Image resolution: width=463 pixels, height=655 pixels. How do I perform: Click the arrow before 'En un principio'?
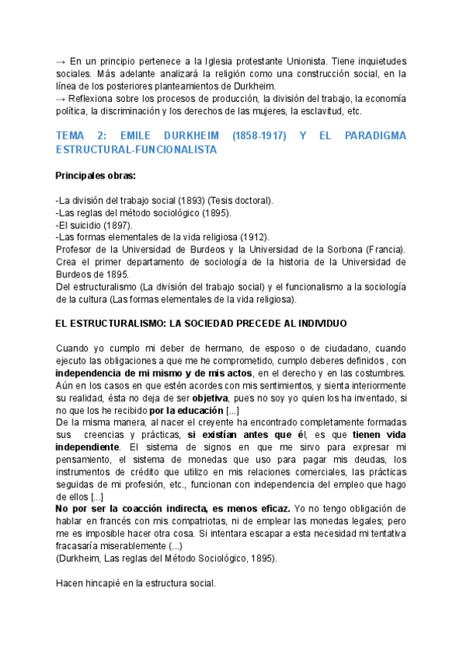(x=61, y=62)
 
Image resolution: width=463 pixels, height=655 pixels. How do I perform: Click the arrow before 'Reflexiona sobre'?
(x=61, y=99)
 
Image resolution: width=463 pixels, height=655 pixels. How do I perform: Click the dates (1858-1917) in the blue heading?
(x=256, y=136)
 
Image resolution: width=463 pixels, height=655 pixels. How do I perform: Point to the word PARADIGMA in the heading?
(x=373, y=136)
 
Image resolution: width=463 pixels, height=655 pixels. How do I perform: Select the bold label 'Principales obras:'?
(x=96, y=175)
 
